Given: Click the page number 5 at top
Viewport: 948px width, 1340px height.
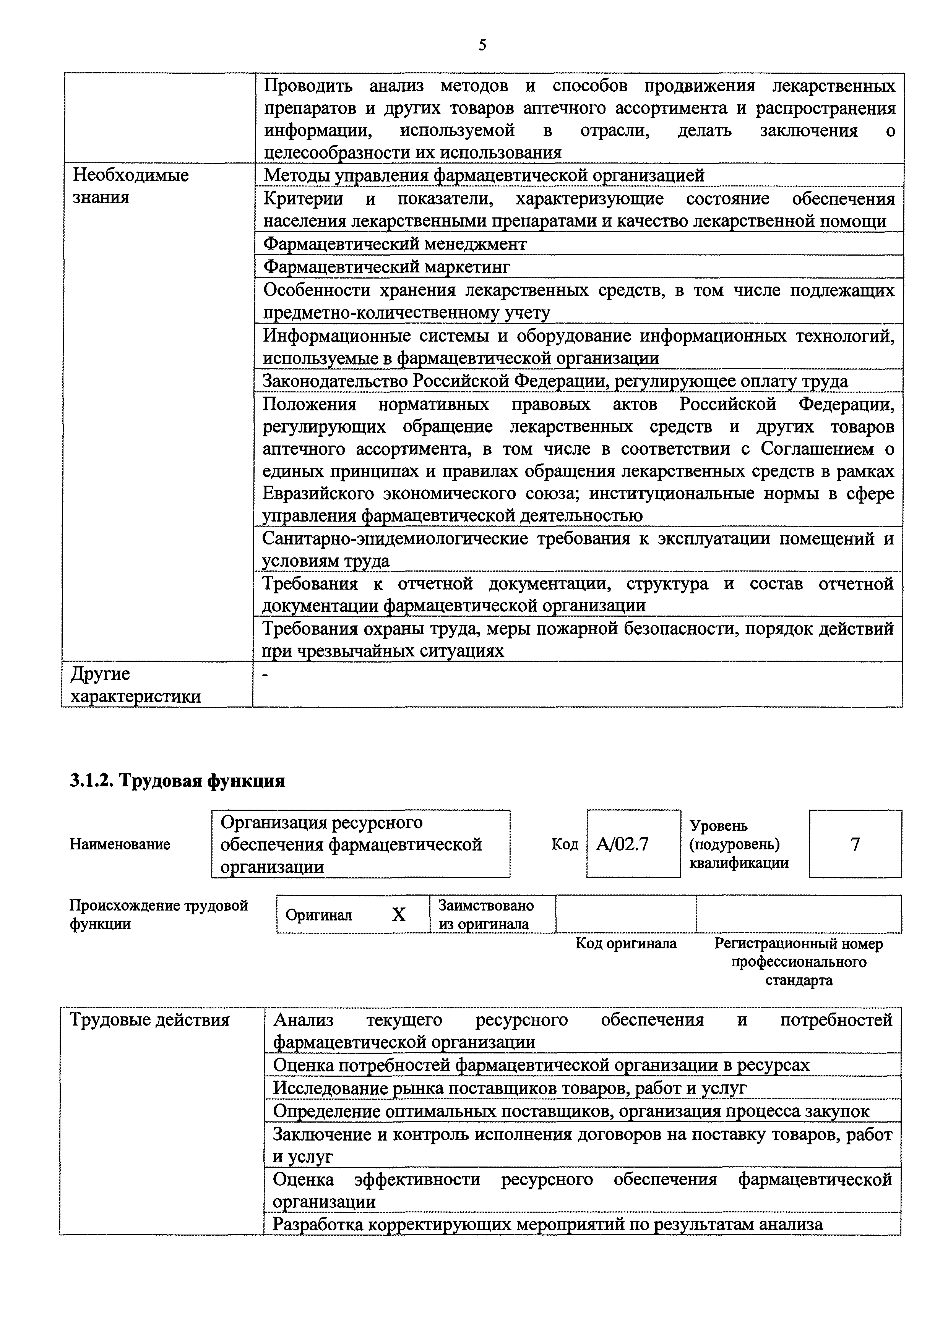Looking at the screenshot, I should click(x=482, y=45).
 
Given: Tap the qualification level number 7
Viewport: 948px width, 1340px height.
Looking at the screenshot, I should click(x=855, y=844).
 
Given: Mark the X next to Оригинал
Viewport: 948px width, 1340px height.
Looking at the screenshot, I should click(x=399, y=914).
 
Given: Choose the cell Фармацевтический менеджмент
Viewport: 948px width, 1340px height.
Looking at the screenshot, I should click(x=394, y=243).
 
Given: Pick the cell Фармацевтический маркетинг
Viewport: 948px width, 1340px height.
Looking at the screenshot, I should click(x=386, y=267).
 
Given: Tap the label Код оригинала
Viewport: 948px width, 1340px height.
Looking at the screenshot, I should click(x=626, y=944).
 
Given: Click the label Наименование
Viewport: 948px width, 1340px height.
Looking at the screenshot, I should click(x=120, y=844).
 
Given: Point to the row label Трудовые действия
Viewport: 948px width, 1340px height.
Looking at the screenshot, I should click(x=150, y=1019).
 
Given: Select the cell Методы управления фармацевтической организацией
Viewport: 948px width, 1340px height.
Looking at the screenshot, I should click(x=484, y=175).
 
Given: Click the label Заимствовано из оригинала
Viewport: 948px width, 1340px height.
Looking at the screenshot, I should click(x=486, y=914).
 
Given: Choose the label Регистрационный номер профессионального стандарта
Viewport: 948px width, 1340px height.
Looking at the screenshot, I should click(x=799, y=961).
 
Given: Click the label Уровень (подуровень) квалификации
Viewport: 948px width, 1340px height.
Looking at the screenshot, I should click(x=739, y=844).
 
